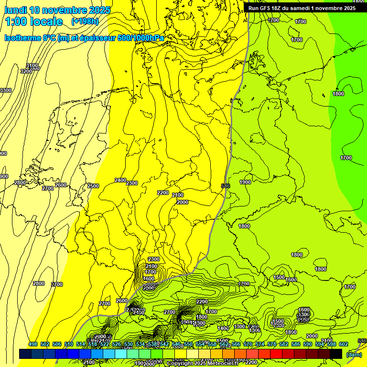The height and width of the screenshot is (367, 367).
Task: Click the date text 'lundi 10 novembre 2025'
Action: pyautogui.click(x=57, y=10)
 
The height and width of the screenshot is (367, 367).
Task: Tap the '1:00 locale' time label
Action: pyautogui.click(x=34, y=22)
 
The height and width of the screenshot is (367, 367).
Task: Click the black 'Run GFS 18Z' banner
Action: pyautogui.click(x=302, y=8)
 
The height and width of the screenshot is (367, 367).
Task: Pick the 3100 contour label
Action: pyautogui.click(x=32, y=66)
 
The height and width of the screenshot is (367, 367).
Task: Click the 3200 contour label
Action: pyautogui.click(x=26, y=71)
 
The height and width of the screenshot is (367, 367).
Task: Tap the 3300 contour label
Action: pyautogui.click(x=6, y=90)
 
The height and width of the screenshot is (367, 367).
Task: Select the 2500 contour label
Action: pyautogui.click(x=93, y=186)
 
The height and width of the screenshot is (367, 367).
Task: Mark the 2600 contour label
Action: pyautogui.click(x=61, y=185)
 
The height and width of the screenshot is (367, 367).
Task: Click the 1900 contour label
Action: pyautogui.click(x=245, y=182)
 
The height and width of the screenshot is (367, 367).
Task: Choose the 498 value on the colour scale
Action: pyautogui.click(x=33, y=344)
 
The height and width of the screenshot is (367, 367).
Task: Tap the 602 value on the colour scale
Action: pyautogui.click(x=344, y=344)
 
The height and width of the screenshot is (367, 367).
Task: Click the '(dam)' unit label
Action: pyautogui.click(x=354, y=355)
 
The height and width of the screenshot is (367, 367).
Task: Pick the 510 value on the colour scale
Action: pyautogui.click(x=69, y=344)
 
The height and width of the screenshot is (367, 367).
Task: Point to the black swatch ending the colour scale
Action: pyautogui.click(x=336, y=354)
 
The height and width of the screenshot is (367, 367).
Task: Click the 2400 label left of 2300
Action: pyautogui.click(x=120, y=180)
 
